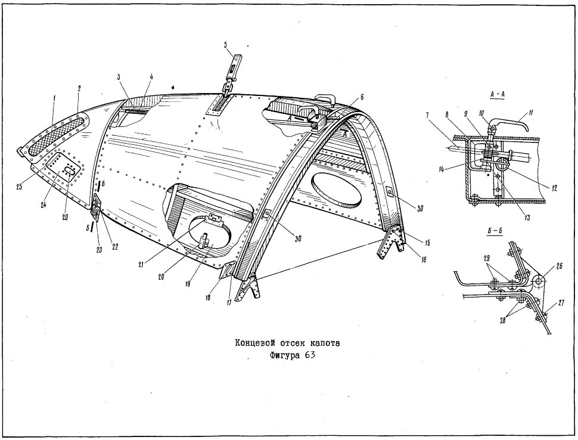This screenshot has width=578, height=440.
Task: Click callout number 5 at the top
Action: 225,45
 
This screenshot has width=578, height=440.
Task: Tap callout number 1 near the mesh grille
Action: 54,98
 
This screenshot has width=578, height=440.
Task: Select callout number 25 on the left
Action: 19,187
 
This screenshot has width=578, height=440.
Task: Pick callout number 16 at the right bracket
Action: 424,260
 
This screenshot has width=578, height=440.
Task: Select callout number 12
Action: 554,188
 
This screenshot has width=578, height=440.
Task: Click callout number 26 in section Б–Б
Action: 559,267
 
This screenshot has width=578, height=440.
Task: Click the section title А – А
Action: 498,94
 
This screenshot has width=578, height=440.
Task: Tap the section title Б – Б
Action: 495,231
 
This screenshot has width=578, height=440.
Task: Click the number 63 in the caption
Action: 310,356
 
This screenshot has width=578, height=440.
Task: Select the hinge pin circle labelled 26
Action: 538,281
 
